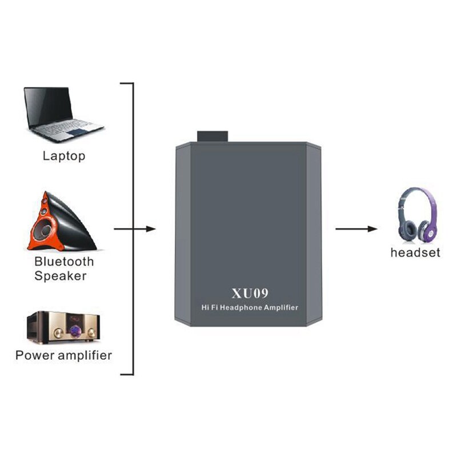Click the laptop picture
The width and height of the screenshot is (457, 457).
coord(62,114)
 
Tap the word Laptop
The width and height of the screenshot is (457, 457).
coord(64,155)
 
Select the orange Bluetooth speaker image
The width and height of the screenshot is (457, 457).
coord(61,222)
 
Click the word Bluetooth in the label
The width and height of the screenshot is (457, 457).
coord(64,262)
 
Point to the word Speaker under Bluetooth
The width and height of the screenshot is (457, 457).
coord(61,276)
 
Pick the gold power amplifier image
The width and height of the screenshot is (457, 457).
coord(62,327)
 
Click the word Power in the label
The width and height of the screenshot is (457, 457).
coord(35,355)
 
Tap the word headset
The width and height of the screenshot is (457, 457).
coord(415,252)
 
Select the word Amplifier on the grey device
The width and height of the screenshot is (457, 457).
coord(279,308)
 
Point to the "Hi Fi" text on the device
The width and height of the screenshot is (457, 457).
coord(211,308)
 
